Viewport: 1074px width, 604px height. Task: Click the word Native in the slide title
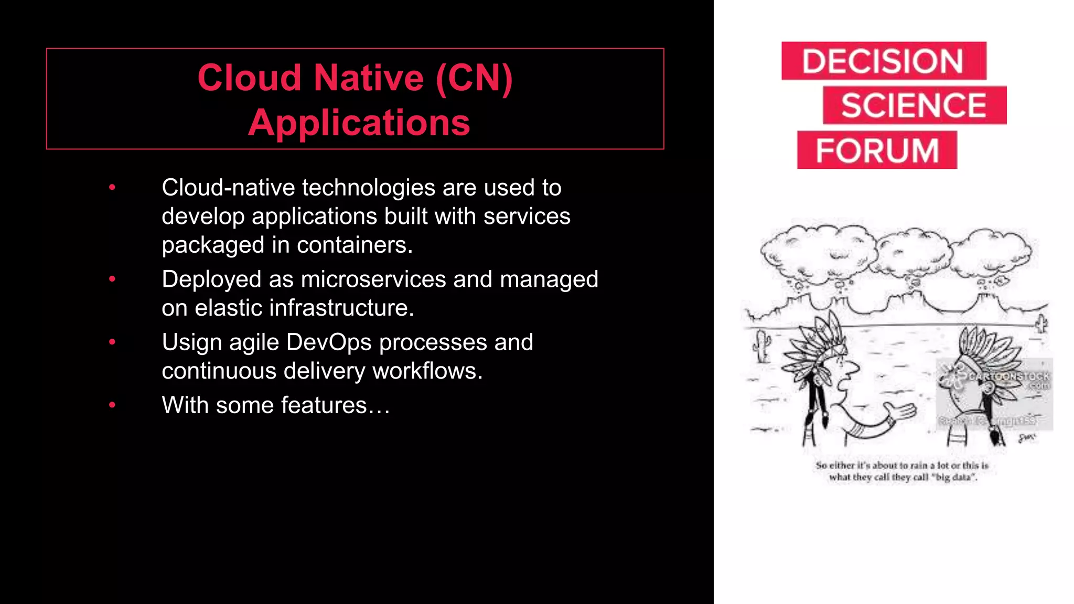click(369, 78)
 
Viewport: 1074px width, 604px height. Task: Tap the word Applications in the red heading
click(359, 123)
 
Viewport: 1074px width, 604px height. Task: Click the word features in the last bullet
click(324, 405)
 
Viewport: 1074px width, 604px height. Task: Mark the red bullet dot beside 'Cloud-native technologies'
click(112, 187)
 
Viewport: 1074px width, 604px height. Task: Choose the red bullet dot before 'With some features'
click(112, 405)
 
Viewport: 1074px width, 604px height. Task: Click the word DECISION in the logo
click(883, 61)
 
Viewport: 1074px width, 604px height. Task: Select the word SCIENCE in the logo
click(914, 105)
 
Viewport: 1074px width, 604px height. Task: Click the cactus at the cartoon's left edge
click(761, 346)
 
